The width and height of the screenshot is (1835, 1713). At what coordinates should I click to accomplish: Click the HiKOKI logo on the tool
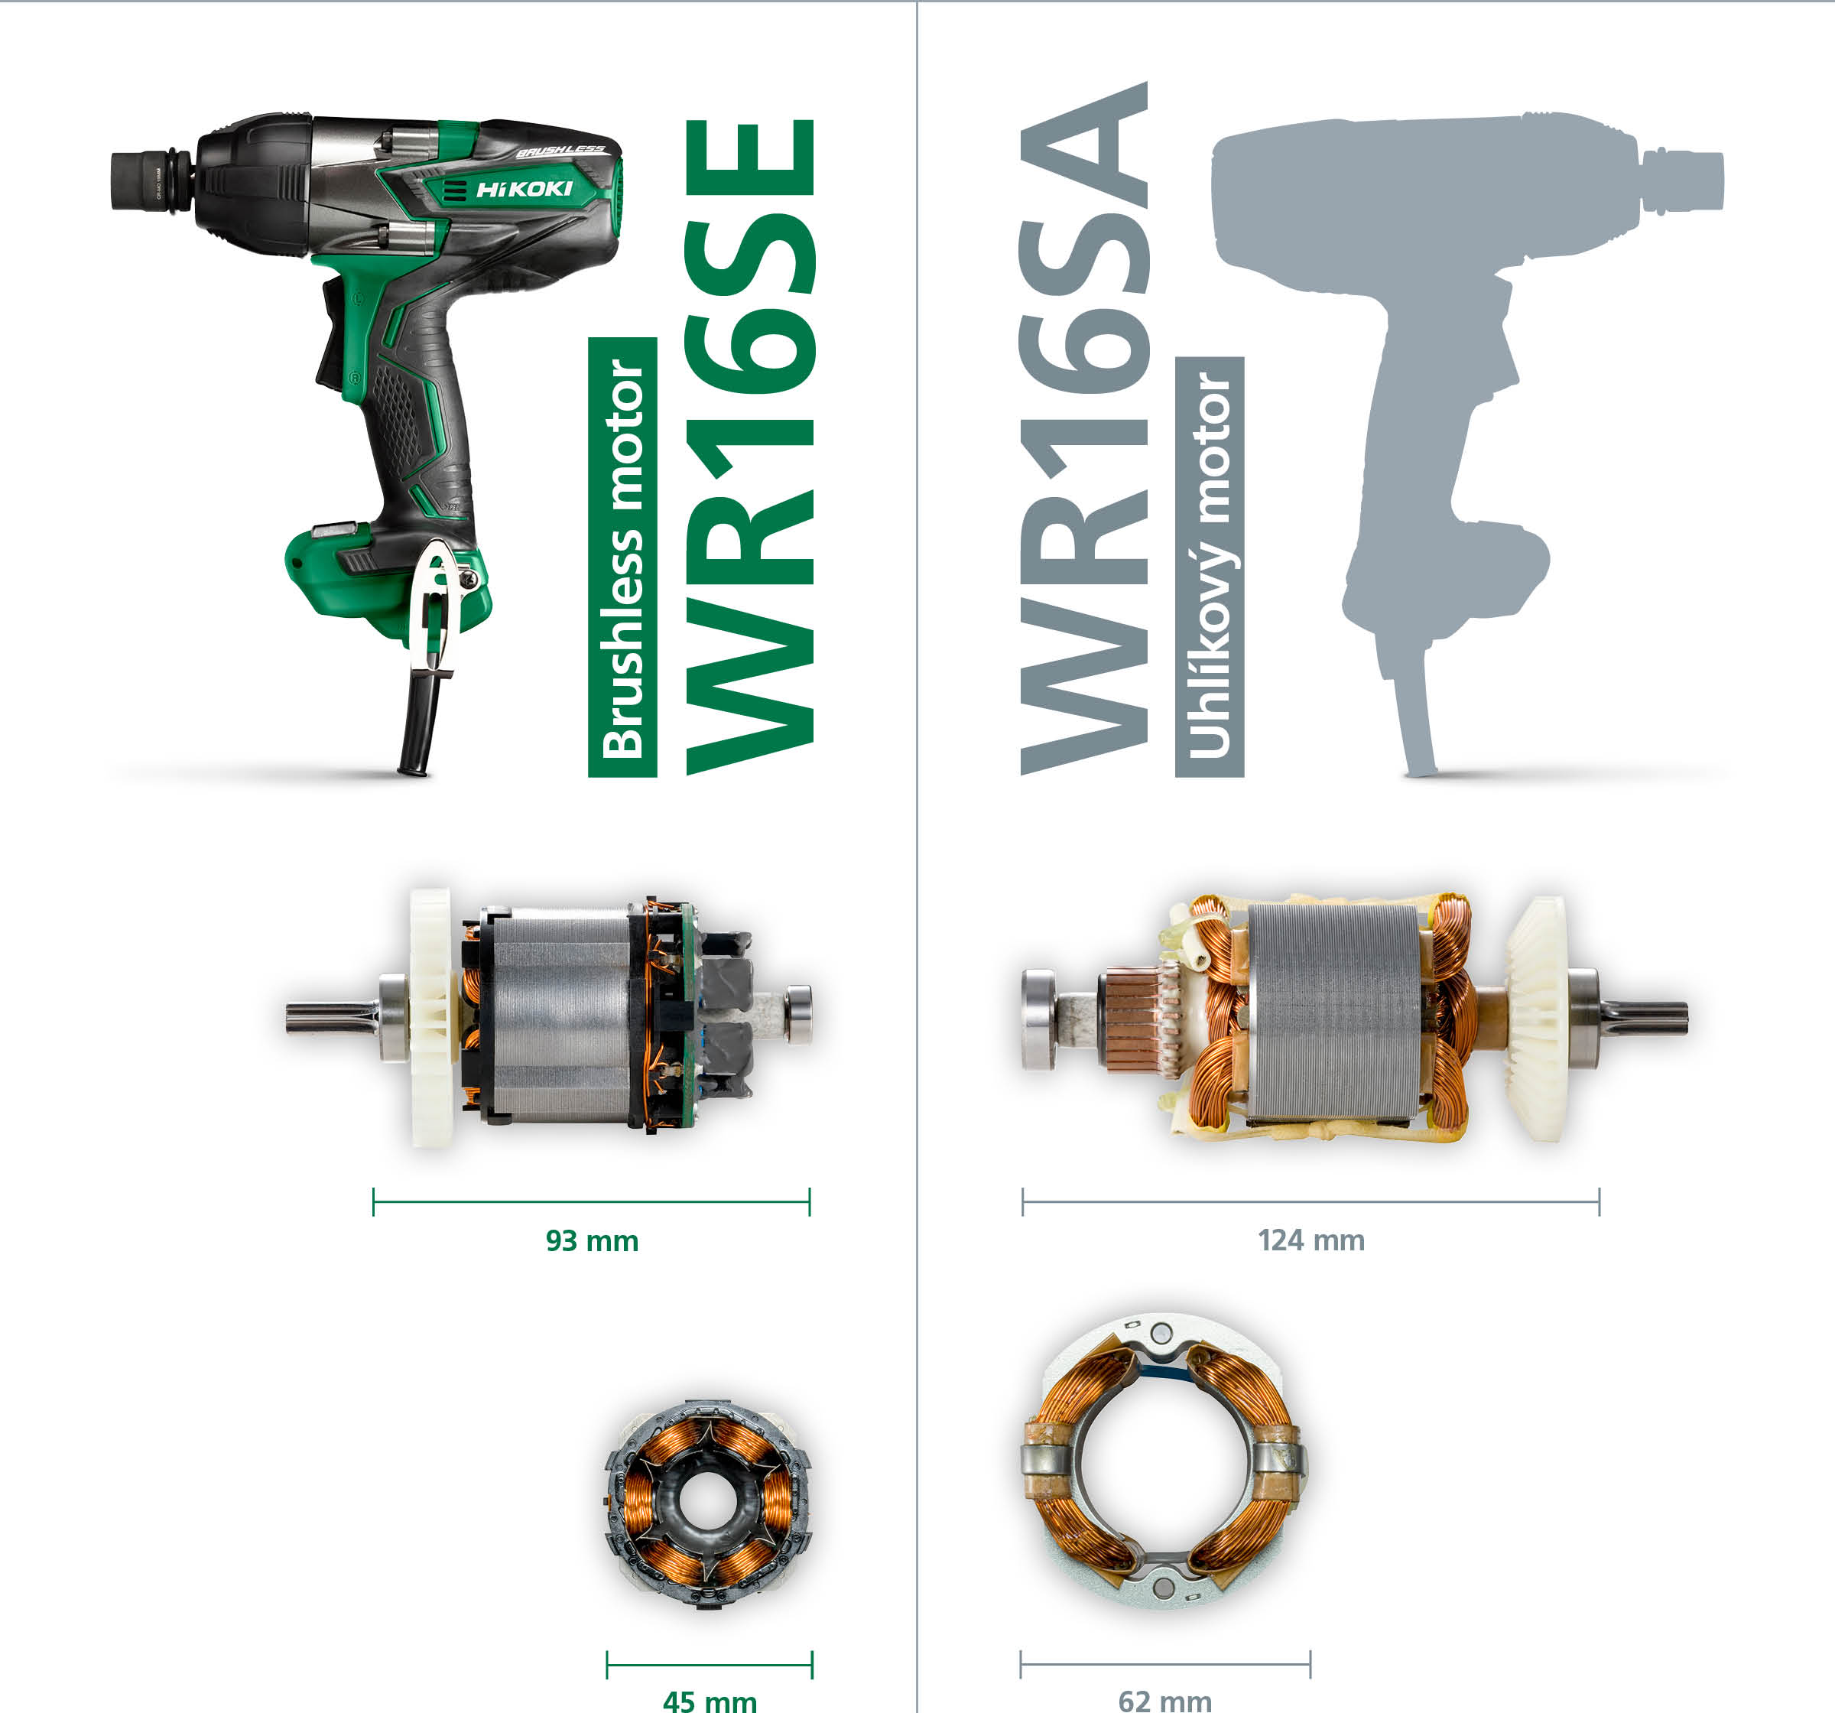point(524,190)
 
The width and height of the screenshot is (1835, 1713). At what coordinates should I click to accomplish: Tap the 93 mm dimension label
point(592,1240)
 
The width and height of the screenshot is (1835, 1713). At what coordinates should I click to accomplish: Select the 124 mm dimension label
point(1310,1240)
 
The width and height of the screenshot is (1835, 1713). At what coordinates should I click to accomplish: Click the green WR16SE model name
point(749,446)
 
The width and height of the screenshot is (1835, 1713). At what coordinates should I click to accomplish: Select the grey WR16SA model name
point(1085,427)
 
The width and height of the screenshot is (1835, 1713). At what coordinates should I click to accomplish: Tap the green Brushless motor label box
point(622,557)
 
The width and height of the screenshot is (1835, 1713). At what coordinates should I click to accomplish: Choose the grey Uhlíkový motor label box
point(1209,567)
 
